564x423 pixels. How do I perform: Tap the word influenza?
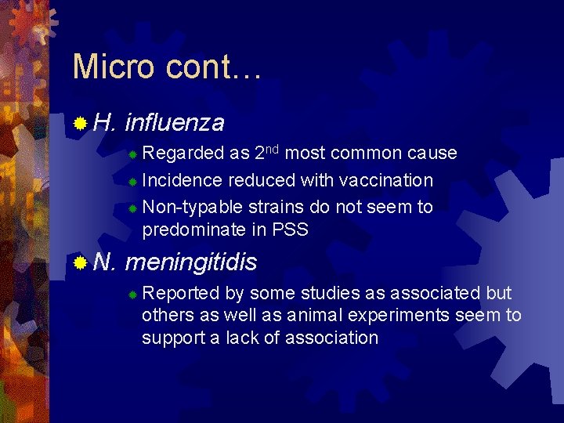coord(174,123)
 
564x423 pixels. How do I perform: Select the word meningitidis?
coord(191,262)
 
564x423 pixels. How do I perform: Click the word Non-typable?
coord(192,207)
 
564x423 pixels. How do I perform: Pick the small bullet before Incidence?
coord(133,182)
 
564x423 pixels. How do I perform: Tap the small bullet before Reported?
coord(133,295)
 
